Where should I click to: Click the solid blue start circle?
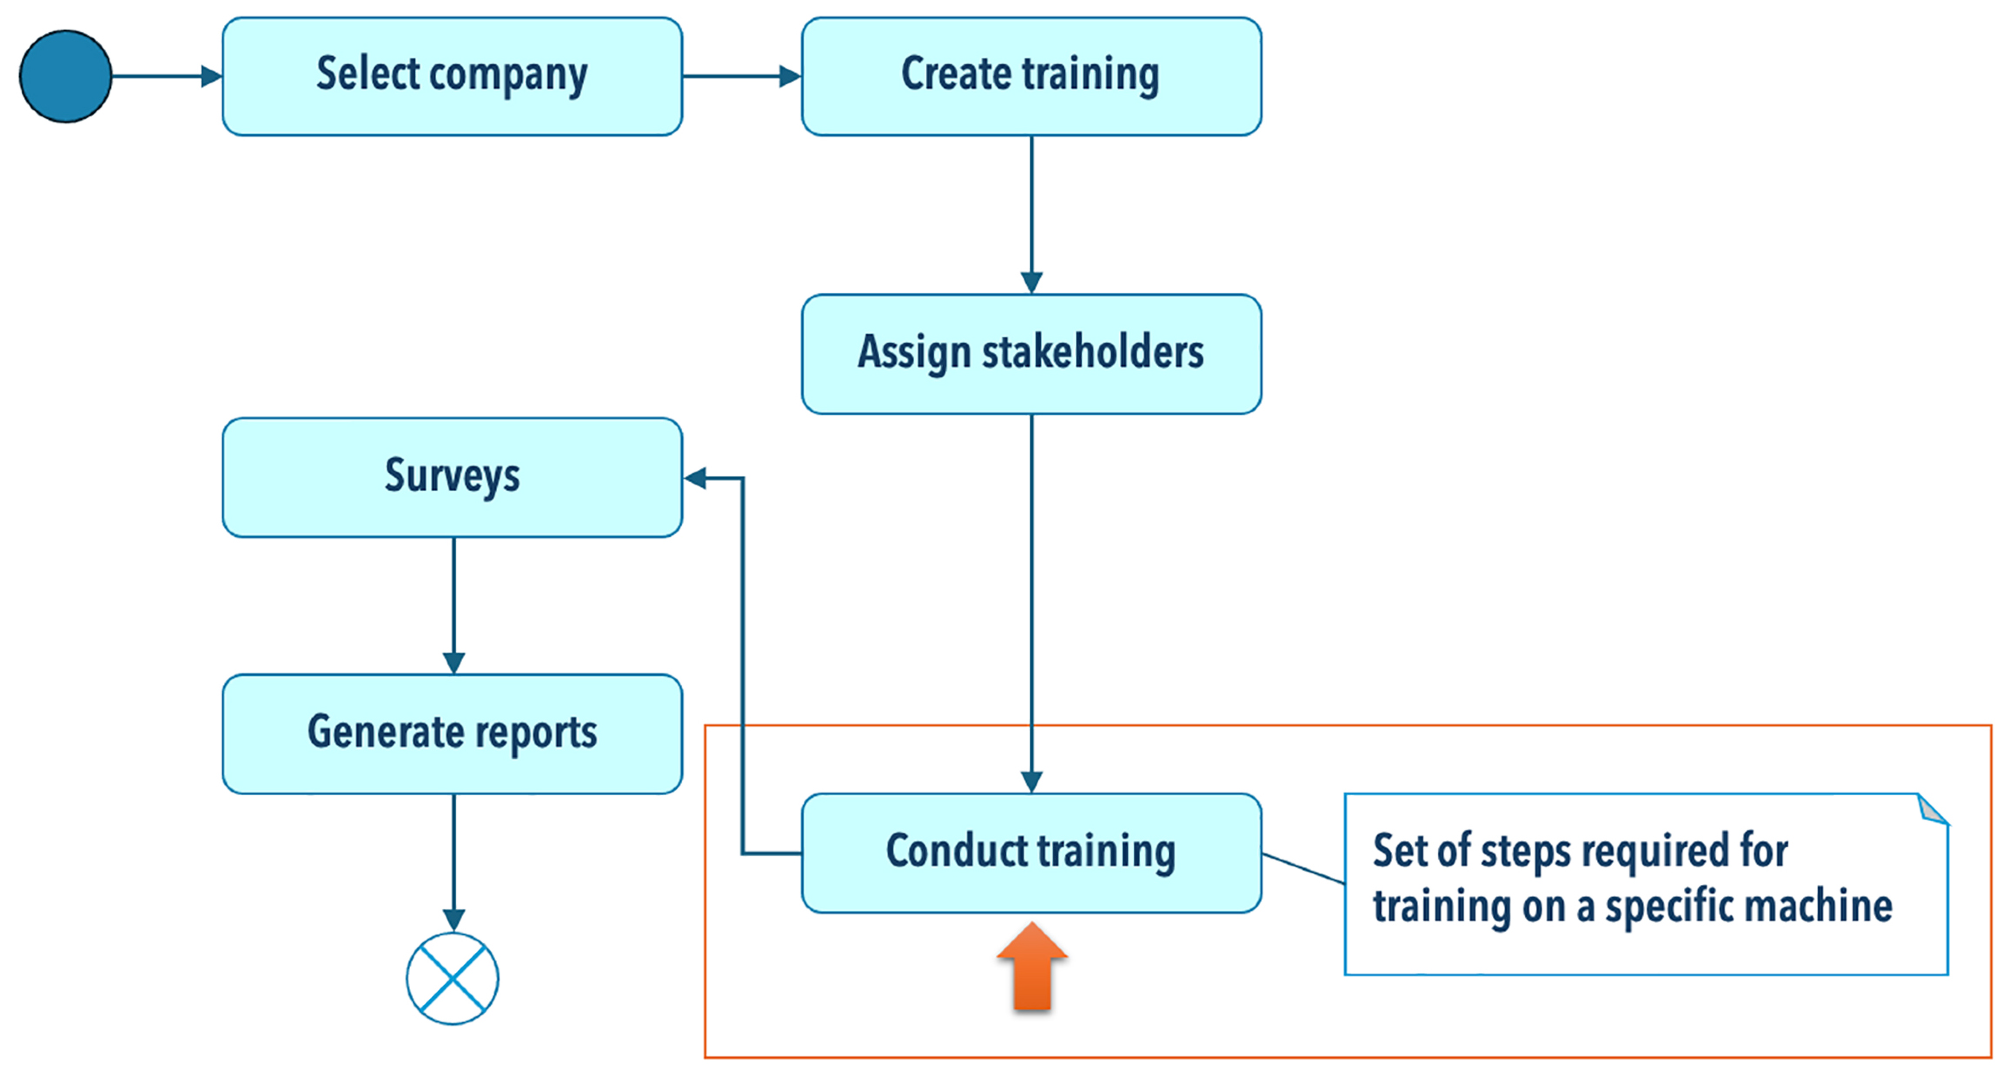tap(65, 76)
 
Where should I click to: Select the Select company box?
tap(452, 76)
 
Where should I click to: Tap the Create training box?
tap(1031, 76)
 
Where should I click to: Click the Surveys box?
tap(452, 477)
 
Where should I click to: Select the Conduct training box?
tap(1031, 852)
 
